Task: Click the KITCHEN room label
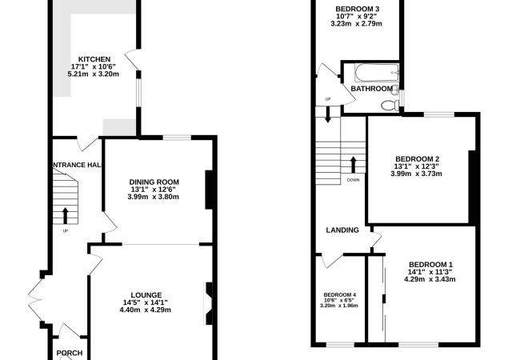click(x=94, y=59)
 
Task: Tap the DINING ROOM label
click(x=154, y=182)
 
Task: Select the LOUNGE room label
click(x=146, y=295)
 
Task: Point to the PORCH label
click(x=70, y=353)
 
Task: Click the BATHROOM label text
click(x=372, y=89)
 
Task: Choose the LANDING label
click(x=342, y=230)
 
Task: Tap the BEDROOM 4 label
click(x=339, y=294)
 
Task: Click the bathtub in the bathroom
click(x=377, y=73)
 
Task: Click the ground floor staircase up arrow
click(x=65, y=216)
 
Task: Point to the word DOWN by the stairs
click(x=353, y=180)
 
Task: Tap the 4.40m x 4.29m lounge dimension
click(x=146, y=310)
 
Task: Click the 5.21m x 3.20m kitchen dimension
click(x=93, y=74)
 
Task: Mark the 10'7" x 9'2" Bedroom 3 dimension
click(x=356, y=16)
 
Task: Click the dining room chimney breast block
click(x=209, y=190)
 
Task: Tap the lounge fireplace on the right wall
click(x=208, y=303)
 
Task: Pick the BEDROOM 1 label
click(x=430, y=265)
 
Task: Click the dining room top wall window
click(x=177, y=138)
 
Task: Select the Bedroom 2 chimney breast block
click(x=472, y=186)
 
